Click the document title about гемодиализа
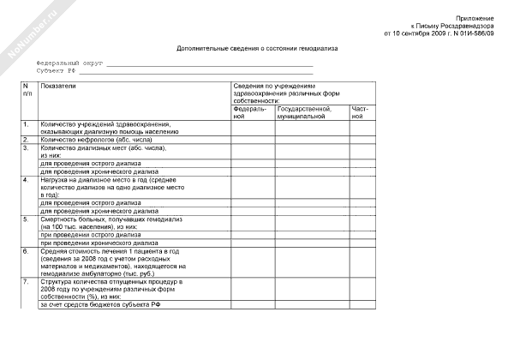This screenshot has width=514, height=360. click(257, 49)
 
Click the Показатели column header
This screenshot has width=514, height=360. click(58, 87)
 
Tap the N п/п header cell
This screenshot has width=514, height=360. click(27, 90)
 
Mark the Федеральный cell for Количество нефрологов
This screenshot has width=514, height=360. click(253, 139)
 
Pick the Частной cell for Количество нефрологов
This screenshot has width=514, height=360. click(362, 139)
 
